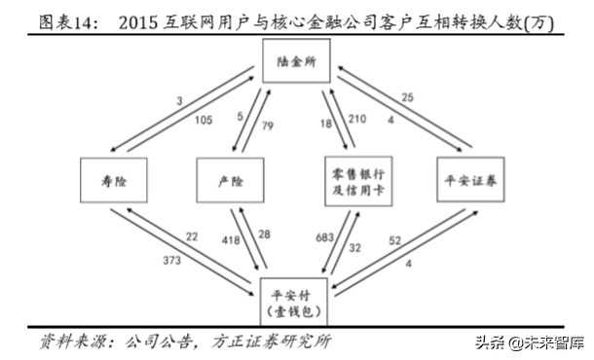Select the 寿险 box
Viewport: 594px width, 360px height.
pos(116,182)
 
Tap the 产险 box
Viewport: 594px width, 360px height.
pos(230,182)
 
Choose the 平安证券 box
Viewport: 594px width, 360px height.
pos(474,182)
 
